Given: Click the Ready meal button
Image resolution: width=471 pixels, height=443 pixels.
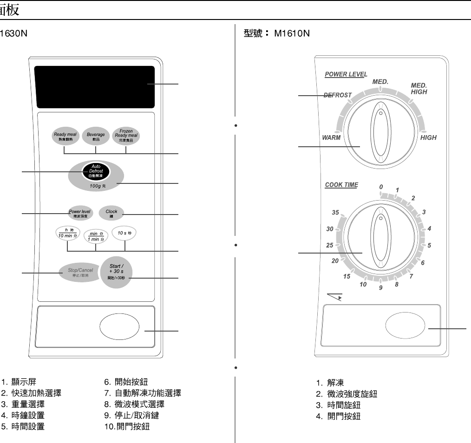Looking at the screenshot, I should [x=65, y=136].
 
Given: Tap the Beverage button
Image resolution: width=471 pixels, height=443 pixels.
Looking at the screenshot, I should [x=96, y=136].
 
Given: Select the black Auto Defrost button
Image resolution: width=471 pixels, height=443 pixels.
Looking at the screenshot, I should [x=96, y=171].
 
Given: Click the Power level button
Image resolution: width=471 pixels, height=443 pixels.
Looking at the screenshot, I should [x=80, y=213].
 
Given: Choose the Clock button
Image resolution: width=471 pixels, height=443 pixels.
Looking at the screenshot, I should [x=111, y=213].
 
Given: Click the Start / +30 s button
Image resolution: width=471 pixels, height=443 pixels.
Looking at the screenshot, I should [x=116, y=271].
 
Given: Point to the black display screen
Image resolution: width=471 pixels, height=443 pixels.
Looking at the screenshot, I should [x=94, y=86].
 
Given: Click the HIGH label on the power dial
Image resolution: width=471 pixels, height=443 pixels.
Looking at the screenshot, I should [x=428, y=138].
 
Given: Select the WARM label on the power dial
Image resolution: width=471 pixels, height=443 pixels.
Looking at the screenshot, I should [x=331, y=138].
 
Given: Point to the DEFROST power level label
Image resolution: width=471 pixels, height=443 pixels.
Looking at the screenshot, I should [x=338, y=95].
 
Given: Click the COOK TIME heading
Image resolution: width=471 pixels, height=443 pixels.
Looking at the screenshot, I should [x=341, y=185].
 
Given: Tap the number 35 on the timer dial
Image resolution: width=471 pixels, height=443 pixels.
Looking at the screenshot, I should [x=335, y=213].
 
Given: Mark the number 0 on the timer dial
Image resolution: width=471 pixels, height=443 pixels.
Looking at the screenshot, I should [x=381, y=187].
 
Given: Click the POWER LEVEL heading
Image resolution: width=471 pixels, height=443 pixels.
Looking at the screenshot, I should [x=346, y=74].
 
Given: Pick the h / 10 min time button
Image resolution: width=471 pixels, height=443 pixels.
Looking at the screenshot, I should [x=68, y=233].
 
